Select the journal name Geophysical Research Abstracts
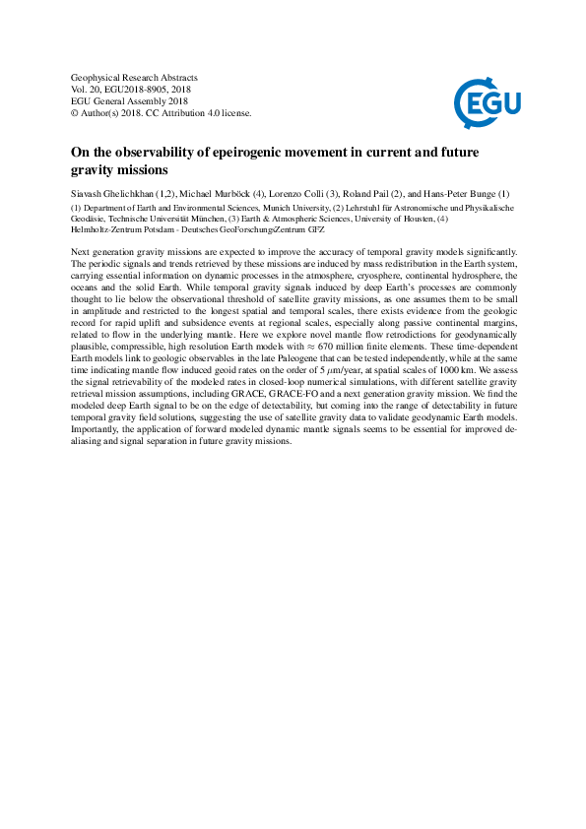tap(134, 77)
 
